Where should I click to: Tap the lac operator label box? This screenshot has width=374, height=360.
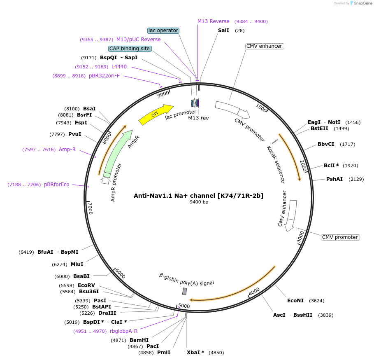[163, 30]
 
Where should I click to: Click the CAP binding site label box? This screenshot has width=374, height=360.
[130, 49]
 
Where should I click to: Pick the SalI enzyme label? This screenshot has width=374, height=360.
[223, 30]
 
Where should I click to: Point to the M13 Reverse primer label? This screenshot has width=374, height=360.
[213, 21]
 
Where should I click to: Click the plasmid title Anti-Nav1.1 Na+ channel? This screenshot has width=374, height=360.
[198, 196]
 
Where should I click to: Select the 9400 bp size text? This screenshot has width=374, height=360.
[199, 202]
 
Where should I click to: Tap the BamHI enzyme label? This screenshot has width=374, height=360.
[139, 340]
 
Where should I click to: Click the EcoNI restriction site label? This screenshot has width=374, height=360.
[295, 301]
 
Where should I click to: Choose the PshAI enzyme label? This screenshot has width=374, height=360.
[335, 179]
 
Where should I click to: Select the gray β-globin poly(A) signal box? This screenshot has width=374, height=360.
[185, 291]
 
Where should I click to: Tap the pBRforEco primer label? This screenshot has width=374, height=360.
[57, 185]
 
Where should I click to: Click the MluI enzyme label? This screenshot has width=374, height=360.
[77, 264]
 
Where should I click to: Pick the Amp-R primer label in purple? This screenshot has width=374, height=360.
[67, 150]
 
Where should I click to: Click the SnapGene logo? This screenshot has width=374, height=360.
[360, 3]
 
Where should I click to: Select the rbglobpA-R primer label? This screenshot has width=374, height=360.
[123, 331]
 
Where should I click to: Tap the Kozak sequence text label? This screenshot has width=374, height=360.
[275, 164]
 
